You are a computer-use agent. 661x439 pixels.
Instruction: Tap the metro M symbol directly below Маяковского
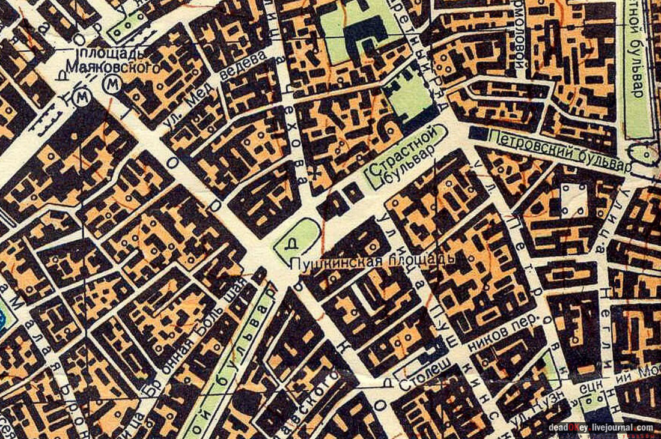(x=109, y=85)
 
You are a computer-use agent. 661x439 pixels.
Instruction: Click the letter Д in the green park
(x=293, y=244)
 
